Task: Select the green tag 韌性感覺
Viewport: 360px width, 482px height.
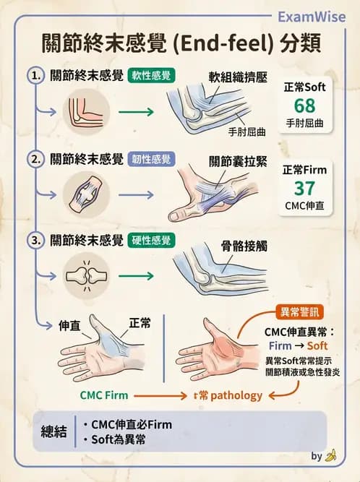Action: [150, 158]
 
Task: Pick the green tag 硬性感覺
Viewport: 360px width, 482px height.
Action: [150, 241]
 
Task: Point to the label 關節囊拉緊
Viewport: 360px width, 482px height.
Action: [233, 160]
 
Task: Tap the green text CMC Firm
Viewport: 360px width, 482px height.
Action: [106, 395]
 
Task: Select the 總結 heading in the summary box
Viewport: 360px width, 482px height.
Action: [54, 431]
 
